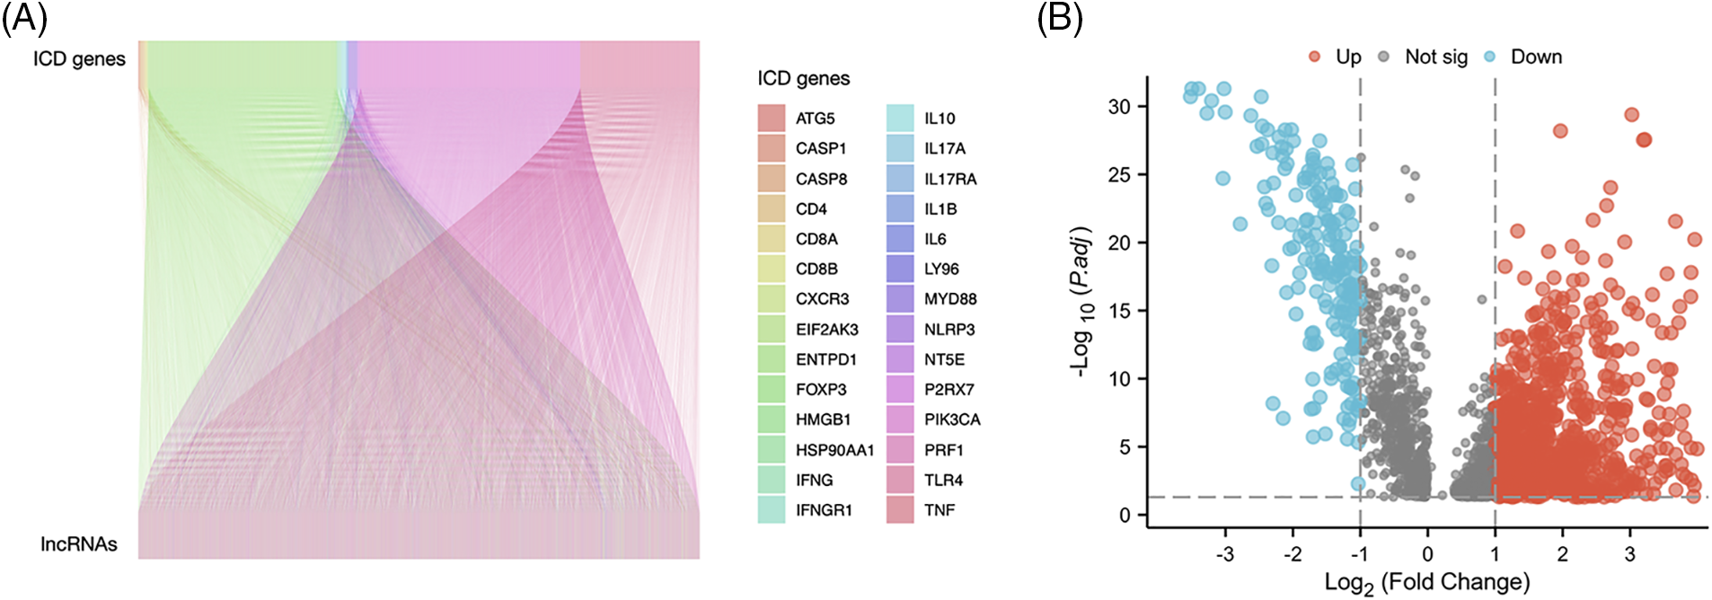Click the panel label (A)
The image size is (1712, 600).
tap(24, 18)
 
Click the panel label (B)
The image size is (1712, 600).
tap(1060, 18)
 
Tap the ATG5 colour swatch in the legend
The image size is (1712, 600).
tap(771, 118)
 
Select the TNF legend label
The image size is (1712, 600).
tap(940, 510)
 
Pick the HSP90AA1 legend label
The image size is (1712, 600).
tap(834, 450)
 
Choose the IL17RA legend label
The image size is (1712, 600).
tap(950, 179)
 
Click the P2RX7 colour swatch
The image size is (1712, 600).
tap(900, 389)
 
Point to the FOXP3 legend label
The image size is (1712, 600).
tap(821, 389)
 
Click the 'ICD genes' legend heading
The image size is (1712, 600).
tap(803, 79)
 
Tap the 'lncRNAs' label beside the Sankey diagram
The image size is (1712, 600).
tap(79, 544)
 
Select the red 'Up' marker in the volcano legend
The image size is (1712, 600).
tap(1314, 57)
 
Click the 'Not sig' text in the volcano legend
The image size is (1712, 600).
tap(1435, 57)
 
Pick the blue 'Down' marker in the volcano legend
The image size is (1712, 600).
tap(1490, 57)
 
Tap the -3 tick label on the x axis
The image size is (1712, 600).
tap(1224, 554)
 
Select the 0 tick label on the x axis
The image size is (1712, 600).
tap(1427, 554)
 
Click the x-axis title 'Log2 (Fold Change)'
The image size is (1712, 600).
tap(1426, 583)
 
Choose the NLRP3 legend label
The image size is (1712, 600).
tap(949, 330)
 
